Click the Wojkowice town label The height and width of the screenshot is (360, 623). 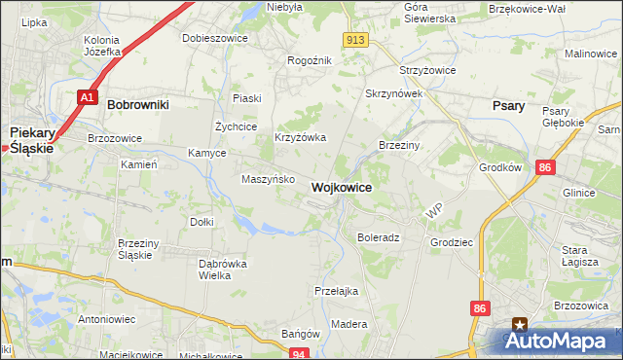coord(341,187)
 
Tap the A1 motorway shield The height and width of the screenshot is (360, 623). coord(88,97)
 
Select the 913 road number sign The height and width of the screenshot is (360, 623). coord(354,39)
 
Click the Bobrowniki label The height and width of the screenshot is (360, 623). coord(138,103)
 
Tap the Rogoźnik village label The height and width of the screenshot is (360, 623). coord(310,60)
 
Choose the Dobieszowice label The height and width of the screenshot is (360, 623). coord(215,39)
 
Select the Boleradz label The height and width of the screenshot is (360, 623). coord(379,237)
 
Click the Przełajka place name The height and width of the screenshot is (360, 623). coord(337,291)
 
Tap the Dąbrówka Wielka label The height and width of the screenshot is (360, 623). coord(223,269)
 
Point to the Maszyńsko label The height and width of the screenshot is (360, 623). coord(262,179)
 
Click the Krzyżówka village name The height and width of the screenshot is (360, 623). coord(300,138)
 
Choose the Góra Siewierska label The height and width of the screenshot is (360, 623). coord(429,12)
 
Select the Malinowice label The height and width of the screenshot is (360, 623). coord(591,54)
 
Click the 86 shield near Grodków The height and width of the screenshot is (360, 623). coord(545,168)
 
